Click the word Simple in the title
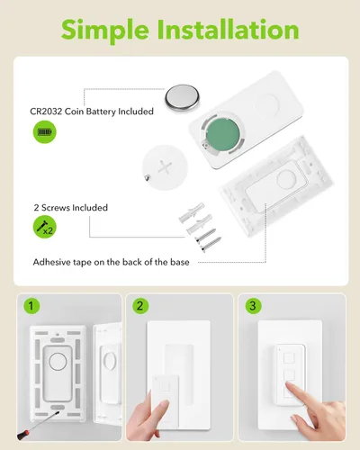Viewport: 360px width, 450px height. click(x=105, y=31)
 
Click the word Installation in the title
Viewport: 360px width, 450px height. click(x=229, y=29)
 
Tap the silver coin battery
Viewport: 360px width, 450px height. click(x=182, y=97)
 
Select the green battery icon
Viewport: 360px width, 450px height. click(x=44, y=132)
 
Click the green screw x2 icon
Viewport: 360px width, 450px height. click(x=44, y=227)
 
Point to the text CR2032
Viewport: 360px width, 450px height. click(x=46, y=112)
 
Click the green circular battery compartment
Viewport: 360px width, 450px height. click(x=223, y=134)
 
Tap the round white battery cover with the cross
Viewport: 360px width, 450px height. click(x=165, y=167)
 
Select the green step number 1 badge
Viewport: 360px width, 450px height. click(x=31, y=306)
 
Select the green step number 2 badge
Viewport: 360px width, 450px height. click(x=140, y=306)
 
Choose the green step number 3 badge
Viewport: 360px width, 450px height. click(x=253, y=306)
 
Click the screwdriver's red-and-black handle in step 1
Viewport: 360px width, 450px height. click(x=23, y=435)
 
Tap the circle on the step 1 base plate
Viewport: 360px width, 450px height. click(x=58, y=362)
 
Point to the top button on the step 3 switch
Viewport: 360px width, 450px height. click(x=289, y=358)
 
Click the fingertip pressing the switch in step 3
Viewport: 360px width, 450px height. click(x=290, y=385)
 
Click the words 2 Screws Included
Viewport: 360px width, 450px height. click(x=71, y=208)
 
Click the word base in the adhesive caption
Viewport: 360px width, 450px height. click(x=180, y=262)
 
